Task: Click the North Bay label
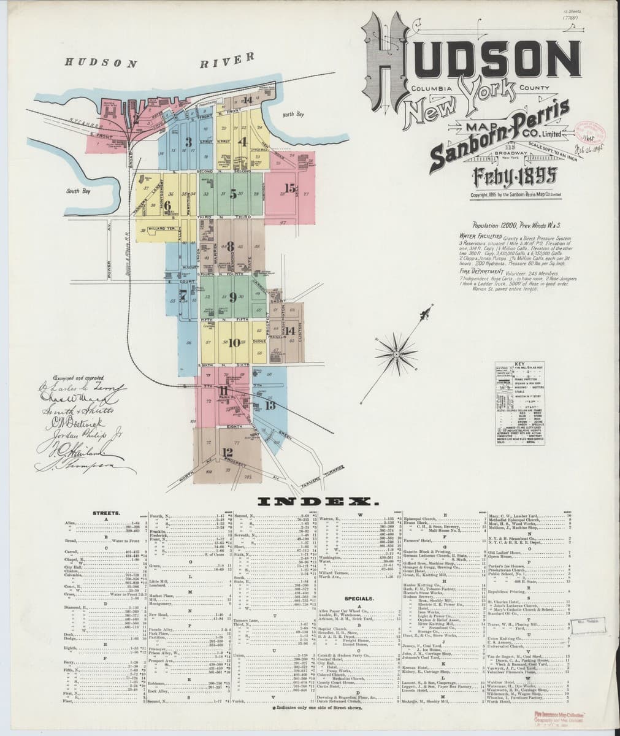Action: (x=293, y=114)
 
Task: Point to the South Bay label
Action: (x=78, y=191)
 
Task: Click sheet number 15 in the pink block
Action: (x=289, y=189)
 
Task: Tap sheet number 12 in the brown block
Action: (x=228, y=452)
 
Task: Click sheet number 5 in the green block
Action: (x=233, y=196)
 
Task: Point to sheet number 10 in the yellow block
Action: (x=234, y=343)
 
